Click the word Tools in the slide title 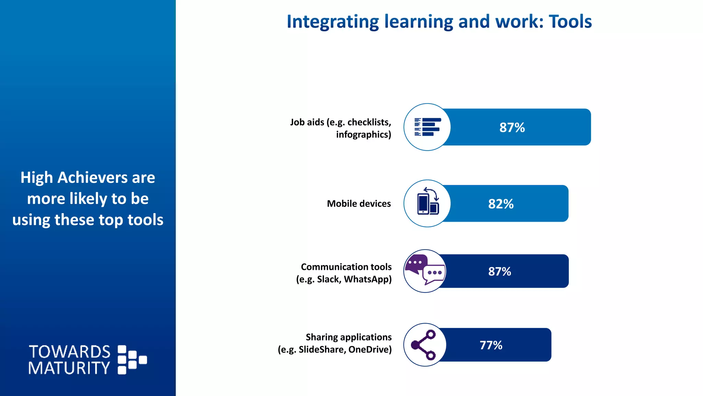(570, 22)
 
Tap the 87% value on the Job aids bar (512, 128)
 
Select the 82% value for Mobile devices (501, 204)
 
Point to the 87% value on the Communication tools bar (499, 272)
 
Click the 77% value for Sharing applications (491, 345)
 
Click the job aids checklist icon (427, 127)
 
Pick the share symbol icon (424, 345)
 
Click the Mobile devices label (359, 204)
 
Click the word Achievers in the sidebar (93, 178)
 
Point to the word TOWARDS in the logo (70, 352)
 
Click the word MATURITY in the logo (69, 368)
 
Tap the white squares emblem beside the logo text (131, 360)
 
